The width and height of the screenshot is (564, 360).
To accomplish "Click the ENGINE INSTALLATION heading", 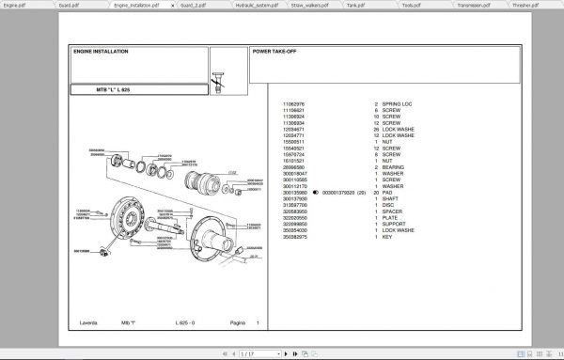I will pyautogui.click(x=102, y=52).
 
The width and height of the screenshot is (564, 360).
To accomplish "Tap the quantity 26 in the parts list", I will pyautogui.click(x=376, y=127).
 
